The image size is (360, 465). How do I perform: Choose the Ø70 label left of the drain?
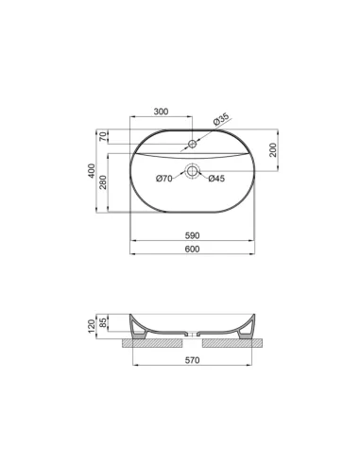[x=164, y=179]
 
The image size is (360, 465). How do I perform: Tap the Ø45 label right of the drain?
[x=216, y=179]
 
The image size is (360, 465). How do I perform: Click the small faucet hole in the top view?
[x=192, y=144]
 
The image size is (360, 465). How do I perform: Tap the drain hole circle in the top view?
[x=192, y=172]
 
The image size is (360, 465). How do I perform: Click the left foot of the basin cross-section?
[x=139, y=330]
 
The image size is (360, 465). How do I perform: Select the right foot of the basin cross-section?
[x=246, y=330]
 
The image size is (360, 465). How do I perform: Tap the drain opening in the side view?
[x=192, y=334]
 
